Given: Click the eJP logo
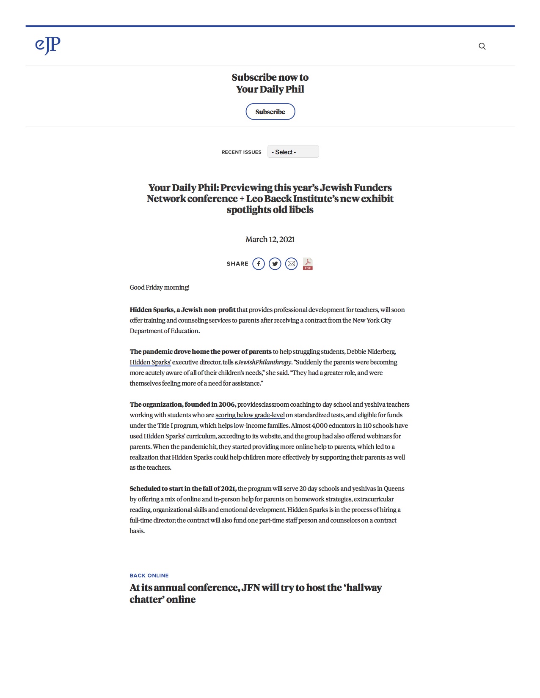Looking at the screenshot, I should tap(48, 45).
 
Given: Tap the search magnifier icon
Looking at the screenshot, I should tap(482, 47).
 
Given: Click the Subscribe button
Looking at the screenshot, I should tap(270, 112).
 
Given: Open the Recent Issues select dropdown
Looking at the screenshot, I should tap(293, 152).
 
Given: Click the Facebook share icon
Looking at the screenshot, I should tap(259, 264).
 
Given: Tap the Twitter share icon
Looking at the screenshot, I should tap(275, 264).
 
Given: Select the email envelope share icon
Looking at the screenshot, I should tap(291, 264).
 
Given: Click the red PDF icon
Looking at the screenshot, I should tap(308, 264).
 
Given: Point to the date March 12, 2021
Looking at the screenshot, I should tap(270, 240).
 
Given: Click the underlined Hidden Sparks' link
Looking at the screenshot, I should tap(150, 362).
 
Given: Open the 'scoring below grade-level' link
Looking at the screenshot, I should tap(250, 415).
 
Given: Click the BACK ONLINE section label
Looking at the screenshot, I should tap(149, 575).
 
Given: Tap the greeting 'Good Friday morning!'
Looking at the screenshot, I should tap(160, 287).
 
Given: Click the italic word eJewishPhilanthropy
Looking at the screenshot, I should tap(263, 362).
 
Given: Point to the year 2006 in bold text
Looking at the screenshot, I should tap(226, 405).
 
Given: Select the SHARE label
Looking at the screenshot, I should tap(237, 264).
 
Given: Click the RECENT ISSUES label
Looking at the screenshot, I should tap(241, 152).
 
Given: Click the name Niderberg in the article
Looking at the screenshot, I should tap(382, 352).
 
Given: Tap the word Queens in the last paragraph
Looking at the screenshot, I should tap(394, 489).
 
